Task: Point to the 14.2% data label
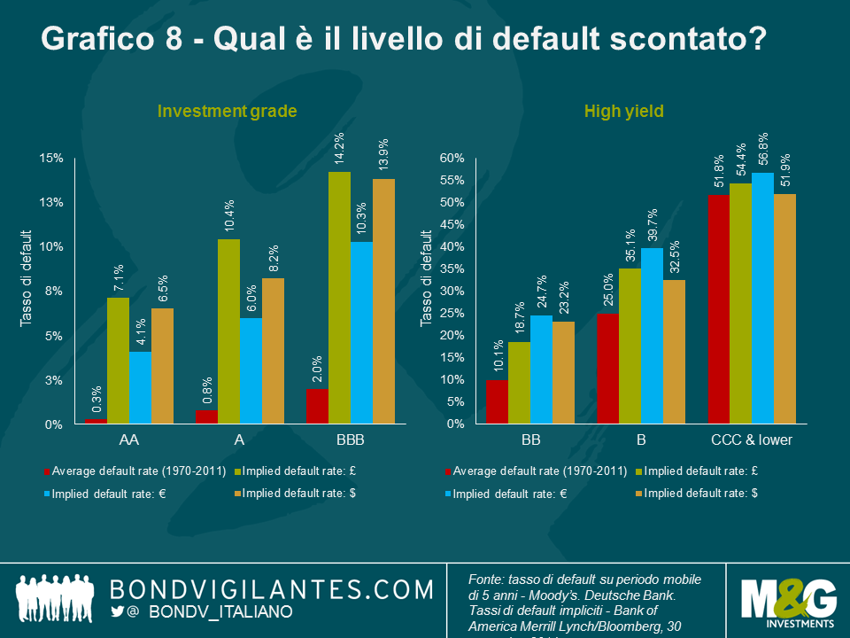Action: [339, 147]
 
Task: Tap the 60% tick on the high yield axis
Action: [452, 158]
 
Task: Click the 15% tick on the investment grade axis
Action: [52, 158]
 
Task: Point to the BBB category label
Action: [350, 440]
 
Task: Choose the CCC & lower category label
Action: [752, 440]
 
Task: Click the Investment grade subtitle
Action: [227, 111]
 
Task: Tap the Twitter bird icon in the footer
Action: [119, 611]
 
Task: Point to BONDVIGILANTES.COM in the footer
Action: [271, 588]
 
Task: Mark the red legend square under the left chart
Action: [45, 470]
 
